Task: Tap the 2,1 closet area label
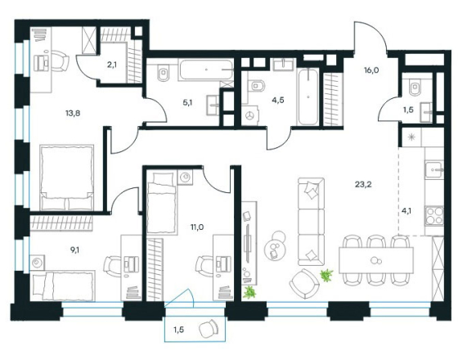[112, 65]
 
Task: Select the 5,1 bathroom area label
[187, 103]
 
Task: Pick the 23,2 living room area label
[363, 184]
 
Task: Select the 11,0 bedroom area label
[196, 227]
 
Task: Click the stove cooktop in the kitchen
[434, 216]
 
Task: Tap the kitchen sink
[434, 170]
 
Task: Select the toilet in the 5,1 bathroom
[163, 73]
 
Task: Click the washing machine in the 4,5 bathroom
[250, 115]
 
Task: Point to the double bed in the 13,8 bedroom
[67, 178]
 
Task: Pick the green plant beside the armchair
[326, 275]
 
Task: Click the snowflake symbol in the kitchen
[411, 137]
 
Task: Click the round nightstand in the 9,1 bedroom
[38, 262]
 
